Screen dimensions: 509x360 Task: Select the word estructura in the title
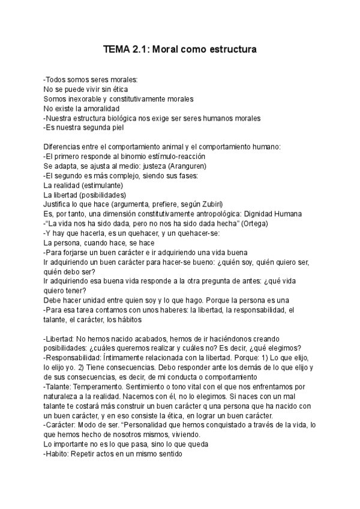(x=232, y=50)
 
